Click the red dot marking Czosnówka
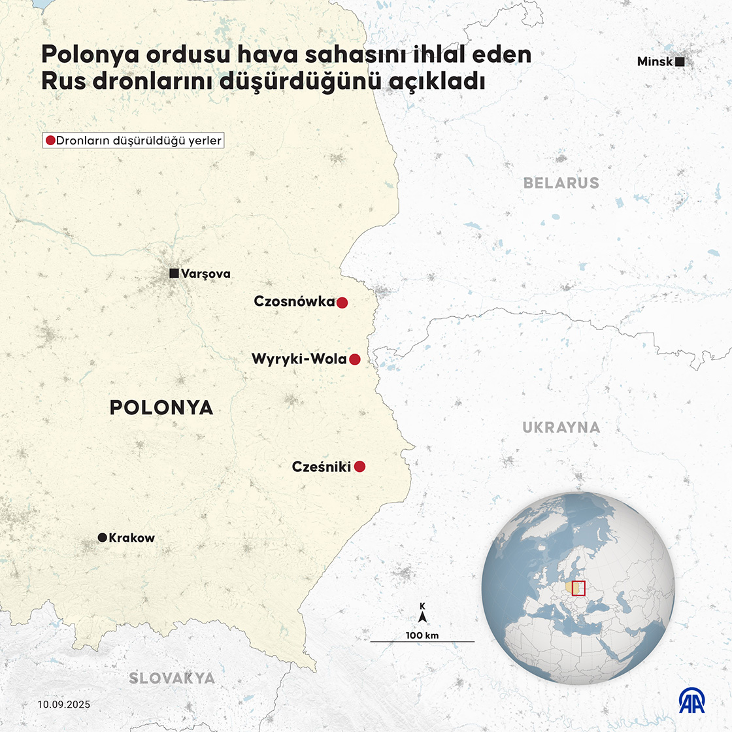tap(342, 303)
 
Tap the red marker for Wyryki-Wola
tap(355, 359)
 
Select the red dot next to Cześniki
tap(359, 467)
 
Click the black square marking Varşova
tap(174, 274)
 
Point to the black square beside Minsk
tap(680, 62)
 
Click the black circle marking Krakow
tap(102, 537)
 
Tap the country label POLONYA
tap(161, 408)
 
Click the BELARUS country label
tap(561, 183)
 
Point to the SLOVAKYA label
tap(172, 678)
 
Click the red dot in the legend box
tap(50, 141)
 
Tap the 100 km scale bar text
tap(422, 635)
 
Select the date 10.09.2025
tap(64, 705)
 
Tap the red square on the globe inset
tap(578, 588)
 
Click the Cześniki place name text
tap(321, 467)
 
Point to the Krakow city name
tap(132, 538)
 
